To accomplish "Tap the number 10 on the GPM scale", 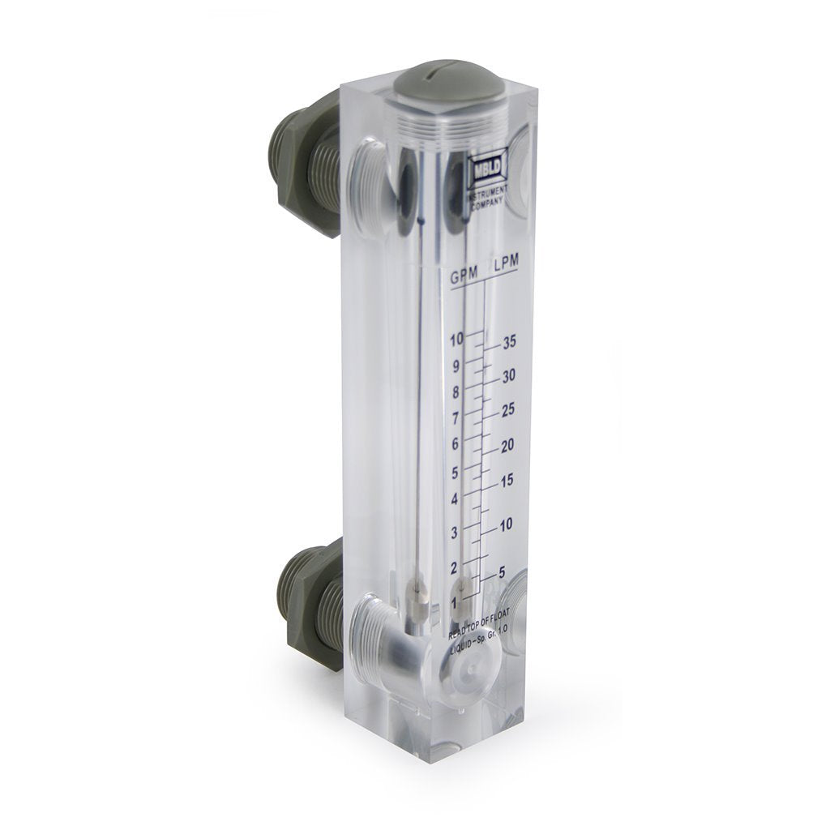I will [x=456, y=339].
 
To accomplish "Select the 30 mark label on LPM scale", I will [x=509, y=376].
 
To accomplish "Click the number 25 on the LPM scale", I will [x=509, y=411].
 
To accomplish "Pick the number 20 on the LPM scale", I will [x=509, y=446].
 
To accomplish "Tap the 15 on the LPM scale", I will [x=508, y=481].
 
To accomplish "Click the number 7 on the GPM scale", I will [x=456, y=418].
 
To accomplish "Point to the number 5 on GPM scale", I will [x=456, y=472].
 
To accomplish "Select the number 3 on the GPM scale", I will [x=455, y=532].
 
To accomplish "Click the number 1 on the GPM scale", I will [x=454, y=603].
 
